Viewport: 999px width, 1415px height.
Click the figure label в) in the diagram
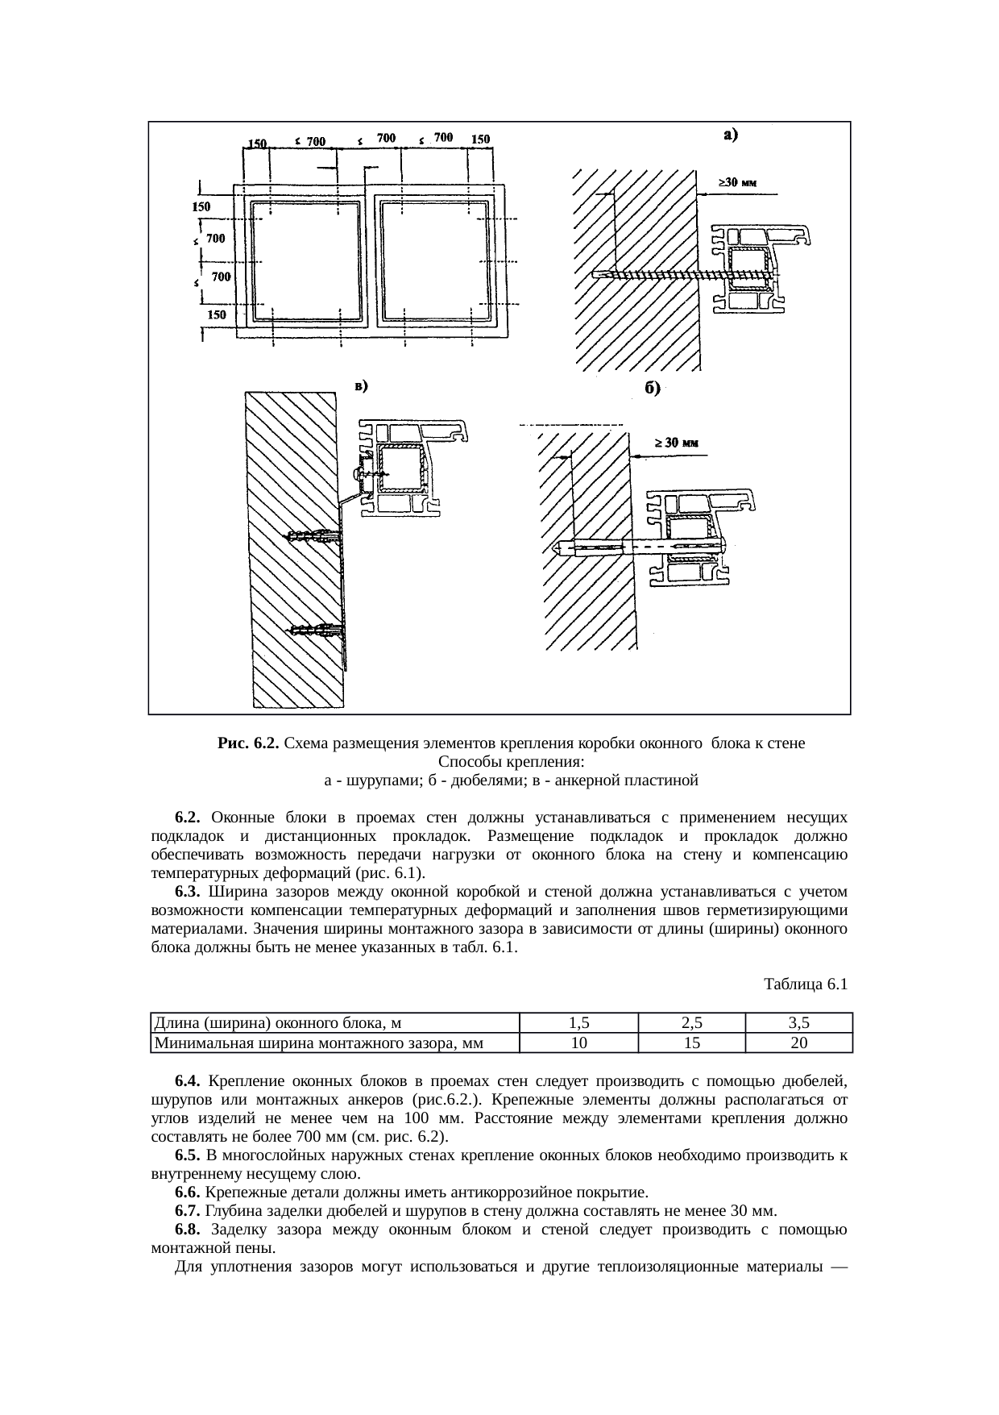[x=362, y=385]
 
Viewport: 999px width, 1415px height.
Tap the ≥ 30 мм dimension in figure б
[x=675, y=443]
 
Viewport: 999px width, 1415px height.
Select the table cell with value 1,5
[x=578, y=1024]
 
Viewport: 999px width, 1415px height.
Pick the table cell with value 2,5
[x=691, y=1024]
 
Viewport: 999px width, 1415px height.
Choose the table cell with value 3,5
[x=798, y=1024]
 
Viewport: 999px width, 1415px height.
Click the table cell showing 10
[x=578, y=1043]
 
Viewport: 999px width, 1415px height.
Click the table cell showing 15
[x=691, y=1043]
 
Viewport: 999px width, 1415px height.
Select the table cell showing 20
[x=798, y=1043]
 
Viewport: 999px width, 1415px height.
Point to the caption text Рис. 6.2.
[x=248, y=743]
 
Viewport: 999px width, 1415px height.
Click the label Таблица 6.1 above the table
[x=805, y=984]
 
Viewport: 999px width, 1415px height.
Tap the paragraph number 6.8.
[x=187, y=1230]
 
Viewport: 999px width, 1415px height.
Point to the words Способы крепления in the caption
[x=511, y=762]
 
